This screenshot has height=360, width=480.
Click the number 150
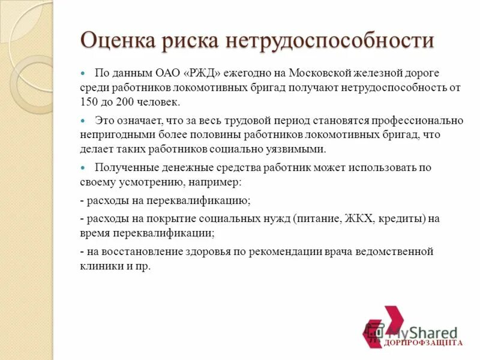click(x=89, y=102)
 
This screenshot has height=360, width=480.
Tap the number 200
click(x=125, y=102)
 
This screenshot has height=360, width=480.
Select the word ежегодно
click(x=251, y=73)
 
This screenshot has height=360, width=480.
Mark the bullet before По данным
click(x=84, y=72)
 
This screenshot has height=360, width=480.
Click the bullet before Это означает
click(x=84, y=119)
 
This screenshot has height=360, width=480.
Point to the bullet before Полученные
click(x=84, y=167)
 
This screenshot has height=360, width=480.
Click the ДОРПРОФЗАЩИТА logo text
click(x=424, y=343)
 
